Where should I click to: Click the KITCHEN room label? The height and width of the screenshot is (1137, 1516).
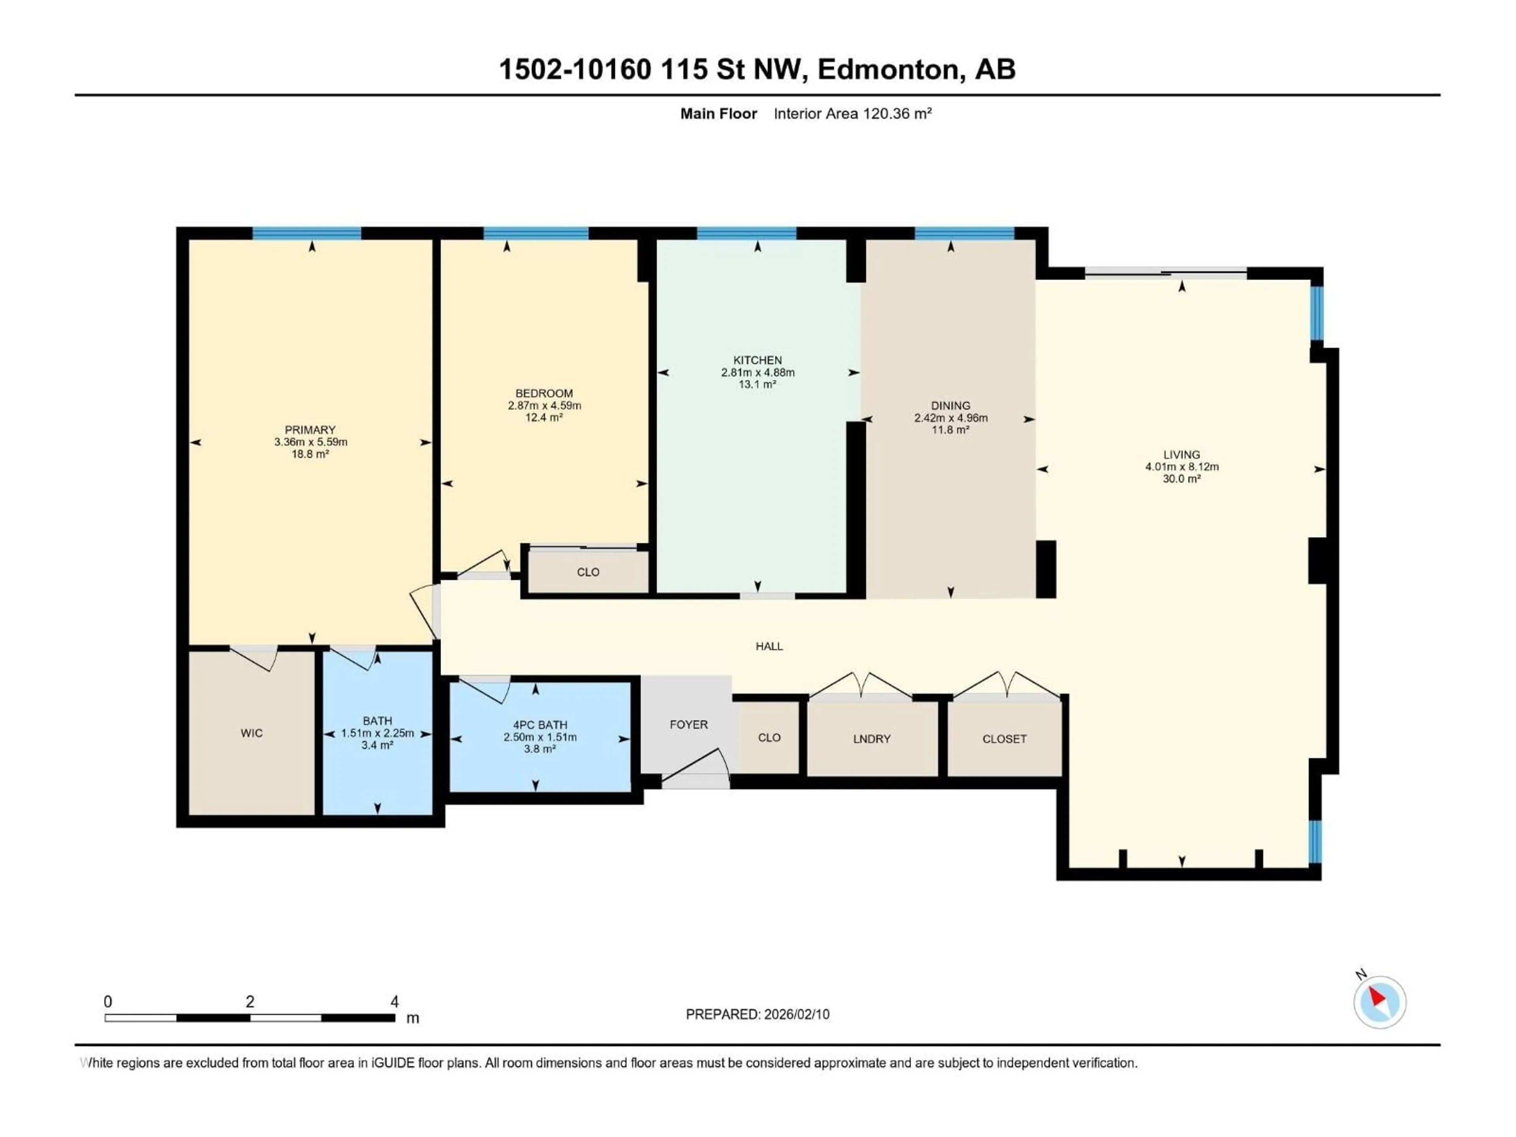(x=757, y=360)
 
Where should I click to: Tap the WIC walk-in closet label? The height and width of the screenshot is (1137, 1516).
(x=251, y=733)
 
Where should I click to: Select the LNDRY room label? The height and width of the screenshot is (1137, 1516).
(x=871, y=739)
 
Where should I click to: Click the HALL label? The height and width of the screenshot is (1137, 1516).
(x=769, y=645)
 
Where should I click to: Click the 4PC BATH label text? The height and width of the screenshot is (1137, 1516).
(x=540, y=724)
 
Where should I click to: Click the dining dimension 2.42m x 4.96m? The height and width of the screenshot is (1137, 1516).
(x=951, y=417)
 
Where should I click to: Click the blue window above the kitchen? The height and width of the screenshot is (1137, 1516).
(x=746, y=233)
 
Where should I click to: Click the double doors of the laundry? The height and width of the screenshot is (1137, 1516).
(x=860, y=685)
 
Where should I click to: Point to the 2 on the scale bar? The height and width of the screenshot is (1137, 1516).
(x=250, y=1001)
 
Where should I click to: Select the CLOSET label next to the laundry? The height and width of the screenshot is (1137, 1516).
(x=1004, y=739)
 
